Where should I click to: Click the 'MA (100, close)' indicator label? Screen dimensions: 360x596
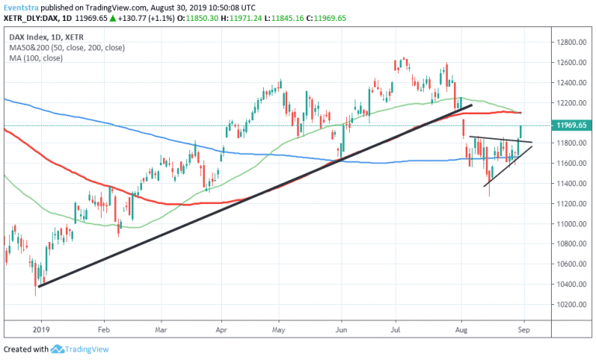36,58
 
